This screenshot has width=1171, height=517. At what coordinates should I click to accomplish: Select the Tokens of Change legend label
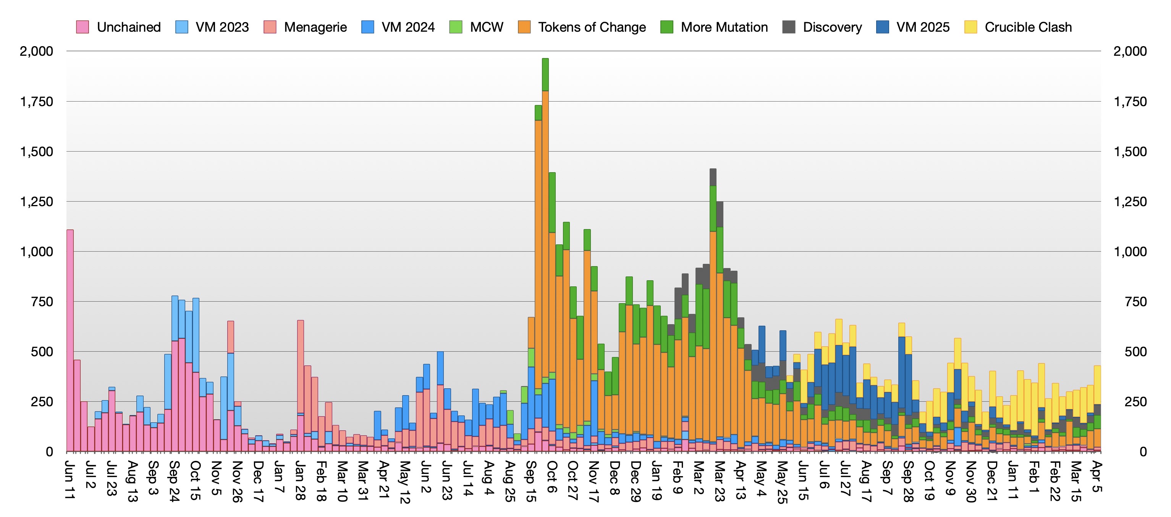coord(592,27)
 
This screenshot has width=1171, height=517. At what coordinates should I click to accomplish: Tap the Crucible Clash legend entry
coord(1018,27)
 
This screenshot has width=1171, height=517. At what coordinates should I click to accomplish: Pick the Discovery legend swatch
coord(789,27)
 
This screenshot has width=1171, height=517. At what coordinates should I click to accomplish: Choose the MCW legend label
coord(487,27)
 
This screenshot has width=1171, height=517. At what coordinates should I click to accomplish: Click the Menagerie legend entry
coord(306,27)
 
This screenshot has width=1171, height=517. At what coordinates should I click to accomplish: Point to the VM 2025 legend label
coord(923,27)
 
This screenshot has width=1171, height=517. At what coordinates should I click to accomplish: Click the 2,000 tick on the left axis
coord(37,51)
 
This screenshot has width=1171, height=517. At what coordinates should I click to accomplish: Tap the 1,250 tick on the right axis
coord(1130,201)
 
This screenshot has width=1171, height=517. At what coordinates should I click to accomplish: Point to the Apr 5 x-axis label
coord(1097,477)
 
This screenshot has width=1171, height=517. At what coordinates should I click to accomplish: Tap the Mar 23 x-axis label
coord(719,481)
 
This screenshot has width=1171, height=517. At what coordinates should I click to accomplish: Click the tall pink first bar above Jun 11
coord(70,341)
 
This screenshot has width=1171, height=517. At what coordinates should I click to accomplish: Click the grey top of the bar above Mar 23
coord(713,177)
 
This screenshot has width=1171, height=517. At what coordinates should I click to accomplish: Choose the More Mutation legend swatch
coord(667,27)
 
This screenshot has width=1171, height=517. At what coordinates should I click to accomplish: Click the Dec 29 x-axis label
coord(636,481)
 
